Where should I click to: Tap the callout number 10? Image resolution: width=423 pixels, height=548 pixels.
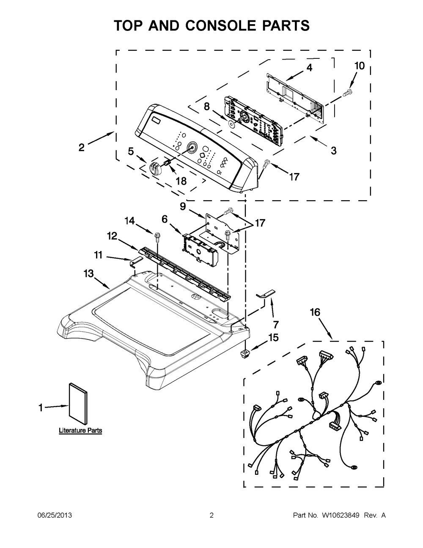(360, 66)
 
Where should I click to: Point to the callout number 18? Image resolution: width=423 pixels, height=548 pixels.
(181, 181)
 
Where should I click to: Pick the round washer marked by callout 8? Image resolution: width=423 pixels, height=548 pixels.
(231, 124)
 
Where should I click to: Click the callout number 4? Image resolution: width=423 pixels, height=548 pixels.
(309, 68)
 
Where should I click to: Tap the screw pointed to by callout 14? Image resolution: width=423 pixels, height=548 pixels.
(157, 237)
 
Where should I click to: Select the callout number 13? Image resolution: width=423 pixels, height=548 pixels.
(88, 274)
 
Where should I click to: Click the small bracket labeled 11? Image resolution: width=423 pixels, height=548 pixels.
(135, 261)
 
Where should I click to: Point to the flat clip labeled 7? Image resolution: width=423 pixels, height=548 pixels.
(266, 294)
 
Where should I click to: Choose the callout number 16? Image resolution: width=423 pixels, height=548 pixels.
(315, 312)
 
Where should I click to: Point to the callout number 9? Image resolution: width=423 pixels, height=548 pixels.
(183, 207)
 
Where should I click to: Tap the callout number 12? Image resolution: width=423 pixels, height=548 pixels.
(112, 236)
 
